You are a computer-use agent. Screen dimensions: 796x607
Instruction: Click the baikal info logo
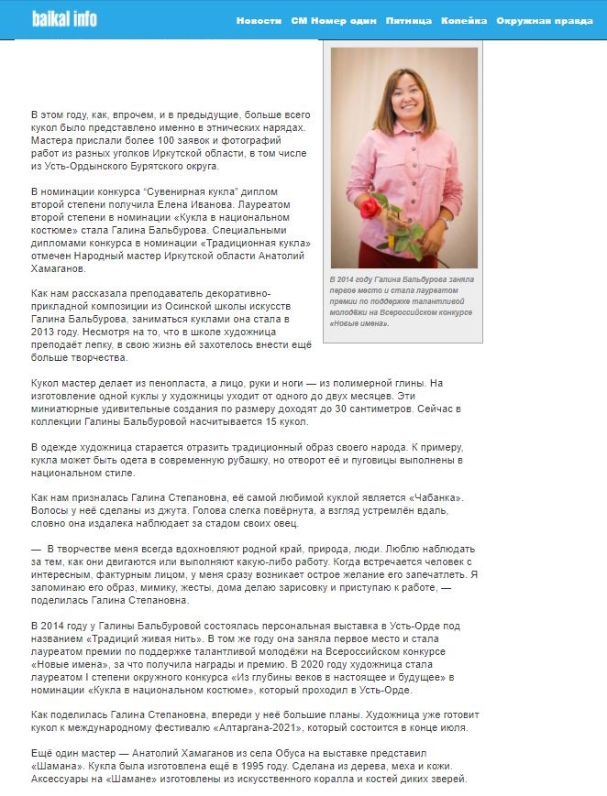pos(64,19)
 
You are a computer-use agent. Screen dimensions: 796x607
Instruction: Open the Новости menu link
pos(259,20)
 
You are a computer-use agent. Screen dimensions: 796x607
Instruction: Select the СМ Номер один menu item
pos(333,20)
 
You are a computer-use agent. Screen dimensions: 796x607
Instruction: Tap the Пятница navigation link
pos(409,20)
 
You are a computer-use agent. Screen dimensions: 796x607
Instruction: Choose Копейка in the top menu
pos(464,20)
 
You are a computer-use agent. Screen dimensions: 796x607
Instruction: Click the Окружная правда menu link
pos(545,20)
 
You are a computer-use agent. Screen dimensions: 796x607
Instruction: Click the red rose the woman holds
pos(370,209)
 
